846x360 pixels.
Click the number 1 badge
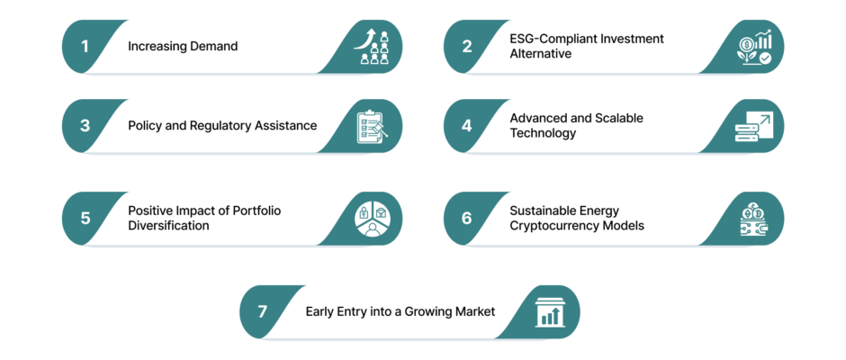coord(85,47)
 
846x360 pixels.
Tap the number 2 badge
coord(467,47)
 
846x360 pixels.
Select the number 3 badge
coord(85,126)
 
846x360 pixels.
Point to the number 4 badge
coord(467,126)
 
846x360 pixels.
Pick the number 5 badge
coord(85,218)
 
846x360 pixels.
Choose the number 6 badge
coord(467,218)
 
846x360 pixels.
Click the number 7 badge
coord(263,312)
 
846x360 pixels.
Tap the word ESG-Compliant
coord(547,39)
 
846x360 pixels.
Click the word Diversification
coord(168,226)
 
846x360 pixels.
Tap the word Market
coord(475,311)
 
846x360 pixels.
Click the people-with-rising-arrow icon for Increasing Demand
coord(372,47)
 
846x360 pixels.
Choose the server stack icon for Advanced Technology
coord(753,127)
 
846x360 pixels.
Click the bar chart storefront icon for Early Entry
coord(549,312)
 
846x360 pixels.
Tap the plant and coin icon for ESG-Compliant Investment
coord(753,48)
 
